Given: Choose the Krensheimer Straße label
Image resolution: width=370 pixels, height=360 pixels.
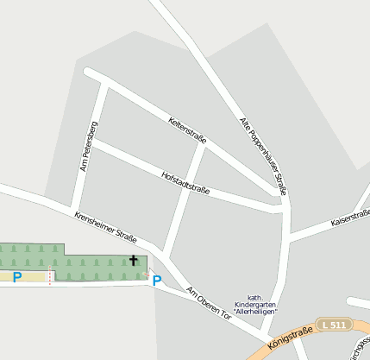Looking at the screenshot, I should point(105,227).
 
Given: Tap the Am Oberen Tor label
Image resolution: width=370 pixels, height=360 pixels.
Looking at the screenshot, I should point(210,302).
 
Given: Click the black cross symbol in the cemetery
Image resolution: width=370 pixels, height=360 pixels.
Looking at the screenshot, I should point(134,260).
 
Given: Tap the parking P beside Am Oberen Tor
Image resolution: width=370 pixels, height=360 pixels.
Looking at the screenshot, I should point(157,281).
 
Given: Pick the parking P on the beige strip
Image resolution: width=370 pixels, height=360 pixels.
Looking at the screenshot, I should point(17,277).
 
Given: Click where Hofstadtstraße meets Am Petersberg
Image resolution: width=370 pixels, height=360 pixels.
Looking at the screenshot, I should point(93,141).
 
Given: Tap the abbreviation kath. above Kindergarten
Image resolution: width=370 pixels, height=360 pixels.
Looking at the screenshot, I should point(255,298).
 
